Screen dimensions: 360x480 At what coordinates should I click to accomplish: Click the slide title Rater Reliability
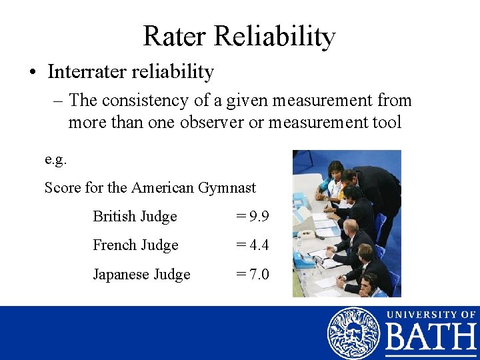[239, 36]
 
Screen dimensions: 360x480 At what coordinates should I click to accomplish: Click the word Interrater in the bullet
[81, 71]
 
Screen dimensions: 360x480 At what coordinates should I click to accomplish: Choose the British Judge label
[135, 217]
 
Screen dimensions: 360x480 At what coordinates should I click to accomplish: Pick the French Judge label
[135, 245]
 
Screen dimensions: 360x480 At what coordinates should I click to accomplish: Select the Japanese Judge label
[141, 275]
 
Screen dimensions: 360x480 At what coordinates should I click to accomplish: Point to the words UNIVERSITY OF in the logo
[431, 314]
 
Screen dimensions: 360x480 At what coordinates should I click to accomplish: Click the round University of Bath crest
[353, 333]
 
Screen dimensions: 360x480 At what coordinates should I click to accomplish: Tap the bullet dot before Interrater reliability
[33, 72]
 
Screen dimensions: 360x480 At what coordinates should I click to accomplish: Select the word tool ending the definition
[388, 123]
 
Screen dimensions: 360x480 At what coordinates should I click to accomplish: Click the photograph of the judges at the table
[347, 223]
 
